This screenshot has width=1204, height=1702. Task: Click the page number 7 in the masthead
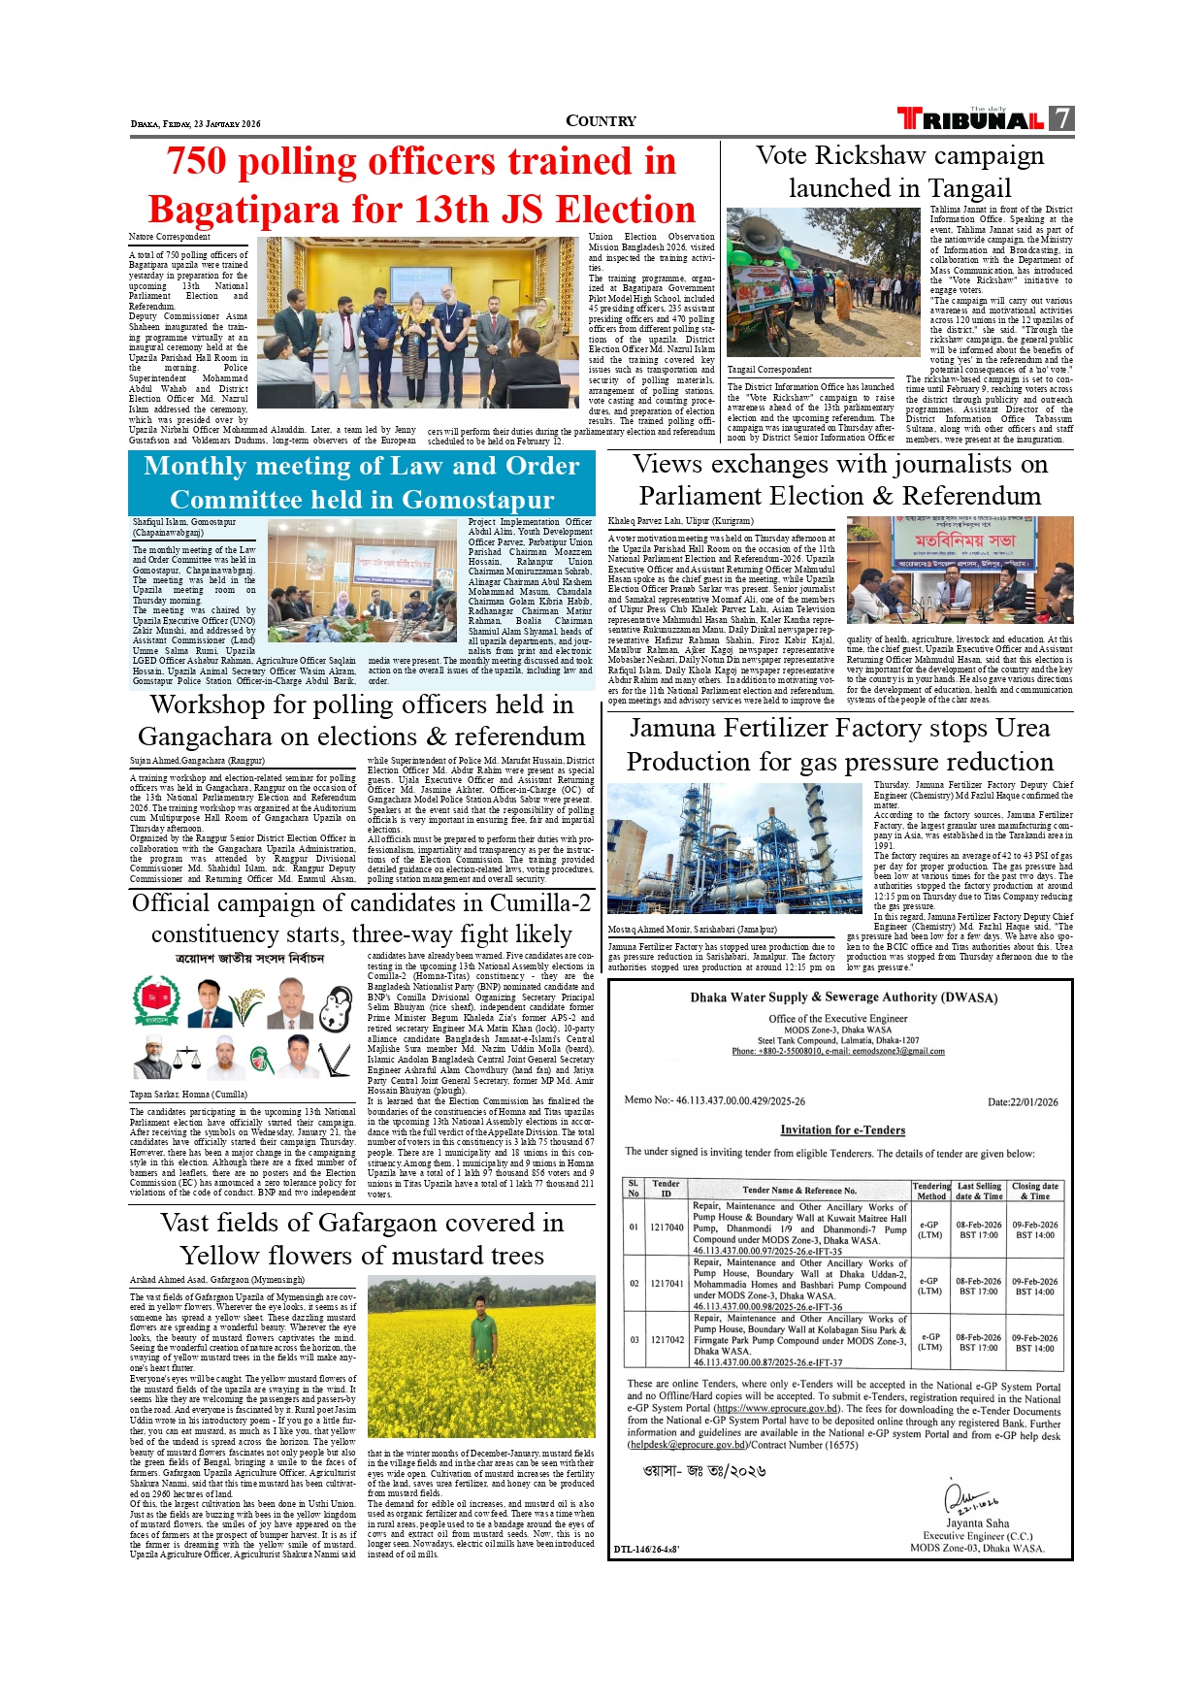(x=1062, y=119)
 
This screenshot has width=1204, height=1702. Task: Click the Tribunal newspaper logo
(x=970, y=119)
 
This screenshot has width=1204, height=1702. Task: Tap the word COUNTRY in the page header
(x=601, y=121)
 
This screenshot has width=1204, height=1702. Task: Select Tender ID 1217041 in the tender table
(x=667, y=1283)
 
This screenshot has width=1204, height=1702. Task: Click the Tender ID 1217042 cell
(x=667, y=1340)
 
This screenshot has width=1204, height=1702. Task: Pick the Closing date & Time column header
(x=1035, y=1191)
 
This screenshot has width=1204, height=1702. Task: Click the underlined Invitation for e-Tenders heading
(x=842, y=1130)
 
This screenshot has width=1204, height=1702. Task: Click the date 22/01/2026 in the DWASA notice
(x=1023, y=1102)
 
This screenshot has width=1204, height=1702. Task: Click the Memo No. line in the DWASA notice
(x=714, y=1100)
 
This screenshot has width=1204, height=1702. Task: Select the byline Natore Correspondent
(x=170, y=237)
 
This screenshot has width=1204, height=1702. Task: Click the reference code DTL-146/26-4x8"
(x=646, y=1550)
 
